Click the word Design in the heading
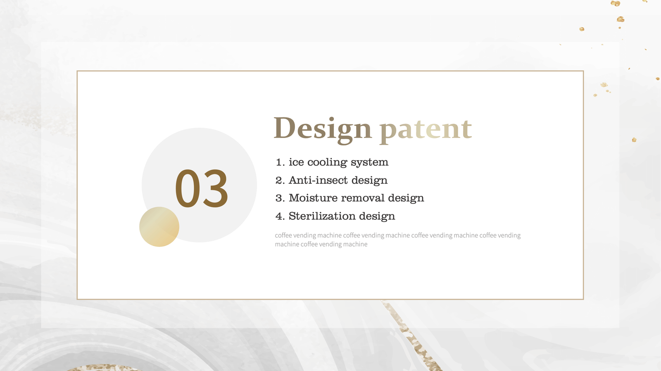(323, 130)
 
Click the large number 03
(202, 188)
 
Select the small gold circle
(159, 227)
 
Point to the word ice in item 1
(296, 162)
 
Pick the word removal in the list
(363, 198)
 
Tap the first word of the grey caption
(283, 235)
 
